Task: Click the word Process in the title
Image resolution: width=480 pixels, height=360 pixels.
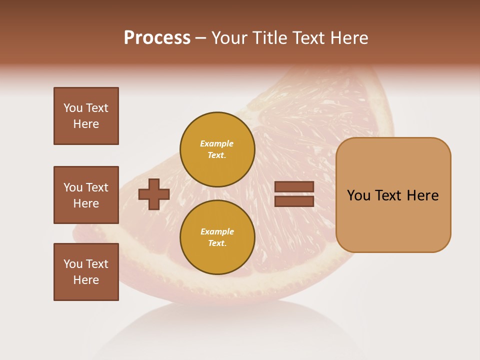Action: pyautogui.click(x=157, y=38)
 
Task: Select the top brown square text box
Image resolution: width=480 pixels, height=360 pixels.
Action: pyautogui.click(x=86, y=116)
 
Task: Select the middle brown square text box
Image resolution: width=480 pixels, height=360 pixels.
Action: pyautogui.click(x=86, y=195)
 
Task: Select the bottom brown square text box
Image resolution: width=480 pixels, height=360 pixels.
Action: pyautogui.click(x=86, y=272)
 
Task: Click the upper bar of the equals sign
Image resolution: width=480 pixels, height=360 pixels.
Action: pyautogui.click(x=294, y=187)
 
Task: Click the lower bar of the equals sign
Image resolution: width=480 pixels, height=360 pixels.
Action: pyautogui.click(x=294, y=201)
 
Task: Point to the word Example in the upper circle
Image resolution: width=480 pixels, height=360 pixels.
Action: pyautogui.click(x=217, y=143)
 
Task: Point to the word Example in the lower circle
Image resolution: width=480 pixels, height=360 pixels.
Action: pyautogui.click(x=217, y=231)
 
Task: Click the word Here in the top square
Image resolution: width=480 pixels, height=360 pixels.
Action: pyautogui.click(x=86, y=124)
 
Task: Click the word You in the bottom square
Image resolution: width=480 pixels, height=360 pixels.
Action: pyautogui.click(x=73, y=264)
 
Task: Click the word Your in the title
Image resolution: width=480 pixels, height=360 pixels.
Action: pyautogui.click(x=228, y=38)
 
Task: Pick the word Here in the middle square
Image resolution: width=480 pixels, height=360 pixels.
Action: pyautogui.click(x=86, y=203)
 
